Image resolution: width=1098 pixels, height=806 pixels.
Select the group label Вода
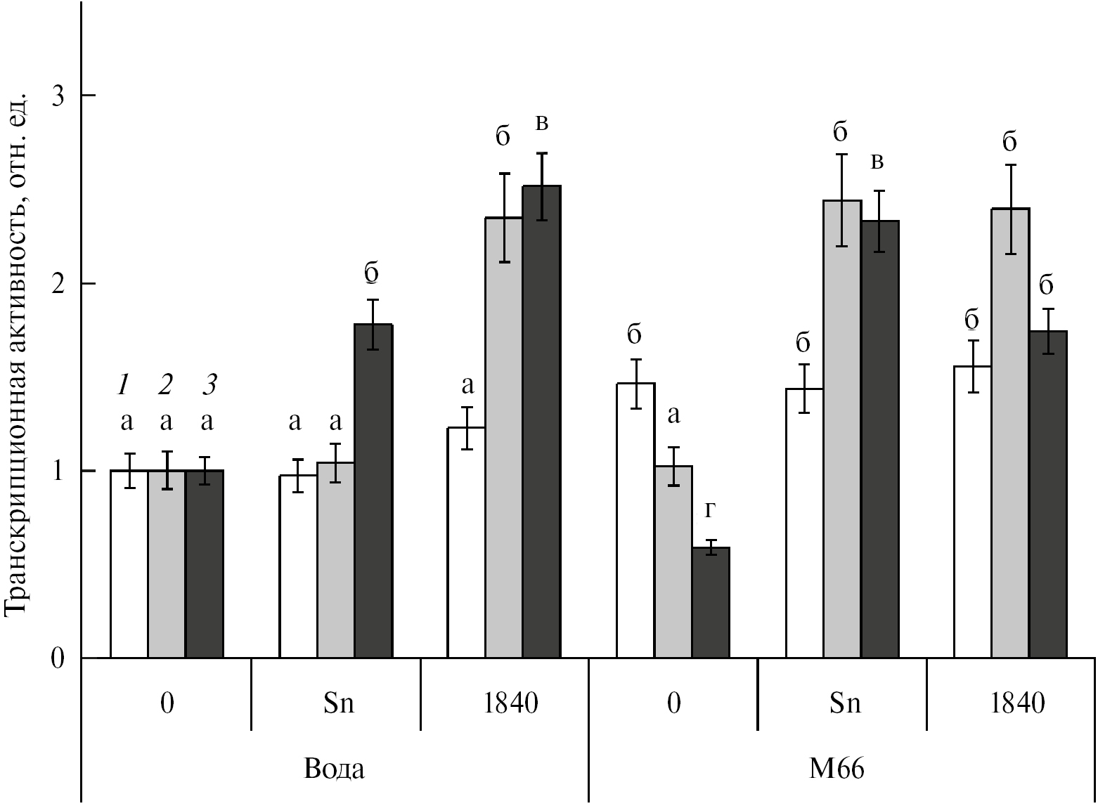coord(335,769)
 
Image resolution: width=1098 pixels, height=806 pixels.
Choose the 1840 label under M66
coord(1017,703)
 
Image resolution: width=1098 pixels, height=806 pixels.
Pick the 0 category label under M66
coord(673,703)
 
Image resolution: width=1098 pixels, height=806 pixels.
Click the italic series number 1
coord(125,384)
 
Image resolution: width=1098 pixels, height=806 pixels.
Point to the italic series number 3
coord(209,384)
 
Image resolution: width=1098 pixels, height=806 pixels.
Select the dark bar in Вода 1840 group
coord(541,422)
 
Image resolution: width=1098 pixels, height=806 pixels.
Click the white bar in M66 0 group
coord(635,520)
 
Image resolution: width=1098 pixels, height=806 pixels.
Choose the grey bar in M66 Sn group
coord(842,429)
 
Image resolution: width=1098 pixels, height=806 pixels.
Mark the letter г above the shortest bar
coord(711,511)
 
